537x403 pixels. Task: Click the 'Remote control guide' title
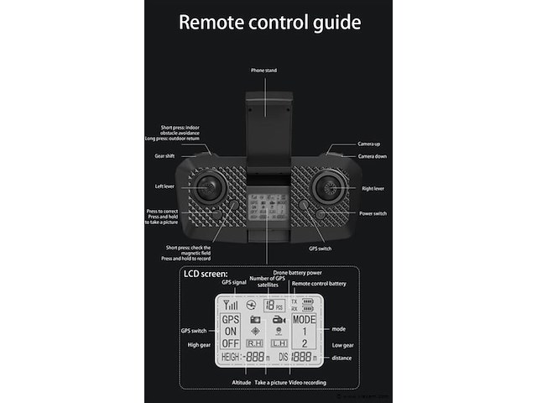click(268, 22)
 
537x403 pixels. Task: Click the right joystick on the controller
click(328, 188)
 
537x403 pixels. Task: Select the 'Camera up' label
click(369, 144)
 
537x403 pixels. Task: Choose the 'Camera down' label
click(372, 157)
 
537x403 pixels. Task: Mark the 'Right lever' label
click(373, 189)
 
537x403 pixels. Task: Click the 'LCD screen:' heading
click(206, 275)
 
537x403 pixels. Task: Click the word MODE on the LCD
click(304, 320)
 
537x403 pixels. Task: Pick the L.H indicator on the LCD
click(279, 343)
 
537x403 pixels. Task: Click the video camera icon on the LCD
click(279, 320)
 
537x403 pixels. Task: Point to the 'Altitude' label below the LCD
click(242, 383)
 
